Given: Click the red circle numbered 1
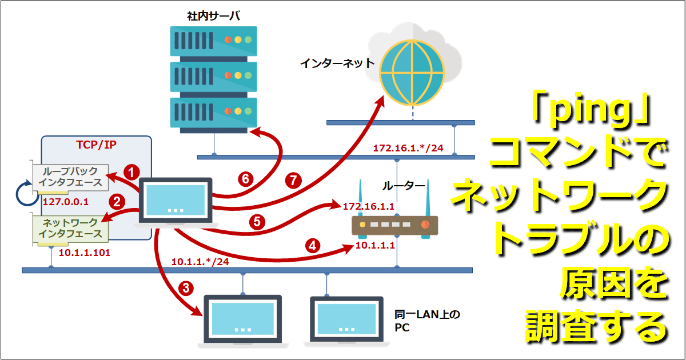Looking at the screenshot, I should (x=132, y=171).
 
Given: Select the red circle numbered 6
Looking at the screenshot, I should (x=245, y=179).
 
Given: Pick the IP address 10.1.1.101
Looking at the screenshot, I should (x=85, y=251).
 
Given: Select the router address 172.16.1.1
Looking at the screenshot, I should (x=368, y=205).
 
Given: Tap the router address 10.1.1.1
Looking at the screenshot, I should (x=375, y=246).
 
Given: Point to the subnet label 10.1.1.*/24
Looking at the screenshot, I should (x=200, y=262).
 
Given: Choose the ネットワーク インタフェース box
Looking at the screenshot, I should (x=70, y=228).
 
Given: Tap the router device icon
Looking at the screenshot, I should (x=394, y=226).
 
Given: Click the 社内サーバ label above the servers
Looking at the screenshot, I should (x=213, y=15).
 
